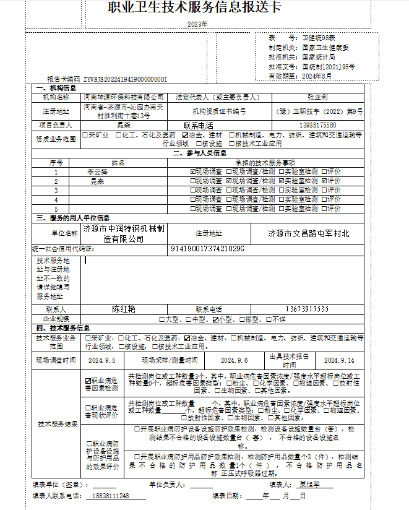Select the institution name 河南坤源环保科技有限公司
click(x=124, y=97)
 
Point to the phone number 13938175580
click(x=317, y=124)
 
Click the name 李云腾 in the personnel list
click(x=97, y=171)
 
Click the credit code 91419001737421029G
click(x=207, y=249)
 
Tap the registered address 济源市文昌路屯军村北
click(x=308, y=233)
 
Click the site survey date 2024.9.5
click(x=102, y=360)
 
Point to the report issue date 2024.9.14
click(x=339, y=360)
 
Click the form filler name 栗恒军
click(x=308, y=485)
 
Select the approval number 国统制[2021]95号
click(x=329, y=66)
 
